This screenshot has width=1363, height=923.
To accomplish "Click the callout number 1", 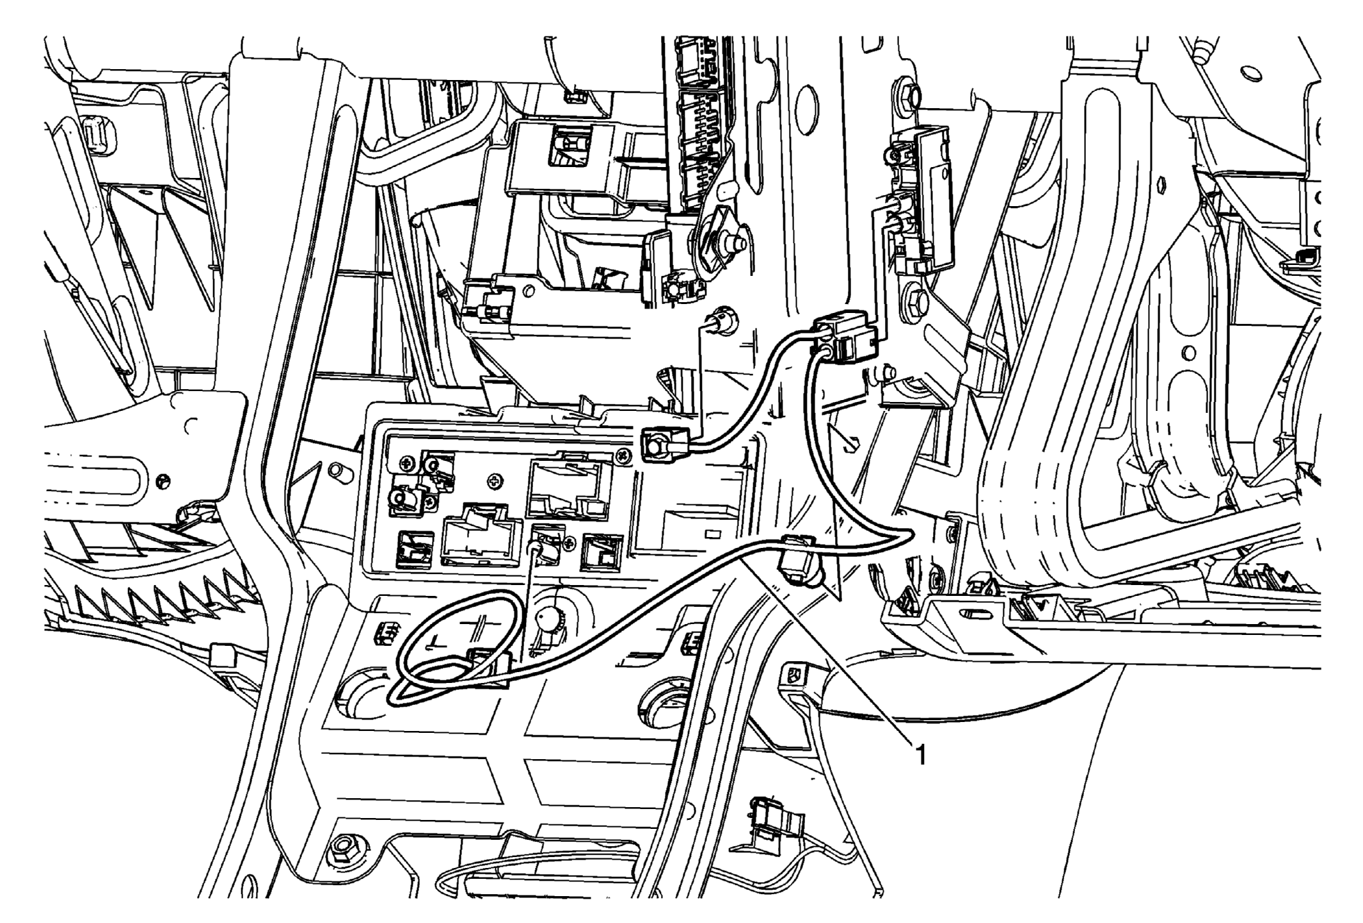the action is pyautogui.click(x=920, y=756).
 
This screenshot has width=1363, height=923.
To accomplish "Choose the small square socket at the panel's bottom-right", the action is pyautogui.click(x=601, y=552).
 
